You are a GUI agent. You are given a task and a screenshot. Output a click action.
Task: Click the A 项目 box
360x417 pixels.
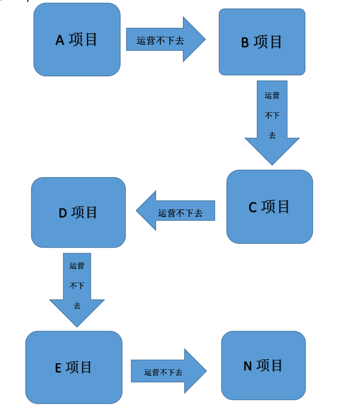coord(77,39)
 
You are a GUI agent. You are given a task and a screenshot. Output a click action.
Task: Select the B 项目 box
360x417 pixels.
coord(262,42)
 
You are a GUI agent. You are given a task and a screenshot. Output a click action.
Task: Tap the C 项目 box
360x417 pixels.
coord(270,207)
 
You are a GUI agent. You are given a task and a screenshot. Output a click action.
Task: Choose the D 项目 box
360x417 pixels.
coord(78,213)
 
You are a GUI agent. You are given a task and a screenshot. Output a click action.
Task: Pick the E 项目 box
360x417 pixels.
coord(74,368)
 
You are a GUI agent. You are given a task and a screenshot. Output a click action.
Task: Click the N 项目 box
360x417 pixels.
coord(264,366)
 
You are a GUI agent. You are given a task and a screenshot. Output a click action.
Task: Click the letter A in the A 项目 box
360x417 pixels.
coord(60,40)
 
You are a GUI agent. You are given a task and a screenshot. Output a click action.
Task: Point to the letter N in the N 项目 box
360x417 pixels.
coord(248,366)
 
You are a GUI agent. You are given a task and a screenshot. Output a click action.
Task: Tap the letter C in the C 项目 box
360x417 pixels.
coord(253,207)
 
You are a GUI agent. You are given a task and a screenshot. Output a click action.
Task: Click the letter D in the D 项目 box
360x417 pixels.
coord(63,213)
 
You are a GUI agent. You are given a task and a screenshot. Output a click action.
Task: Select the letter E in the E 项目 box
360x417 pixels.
coord(58,368)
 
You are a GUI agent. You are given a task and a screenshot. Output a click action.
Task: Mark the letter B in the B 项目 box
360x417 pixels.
coord(245,43)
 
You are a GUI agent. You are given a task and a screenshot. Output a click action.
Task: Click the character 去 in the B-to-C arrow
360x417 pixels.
coord(272,135)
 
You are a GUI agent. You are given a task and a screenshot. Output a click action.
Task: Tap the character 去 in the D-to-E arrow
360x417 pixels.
coord(77,306)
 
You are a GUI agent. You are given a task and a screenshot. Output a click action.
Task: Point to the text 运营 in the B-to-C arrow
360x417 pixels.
coord(272,95)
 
